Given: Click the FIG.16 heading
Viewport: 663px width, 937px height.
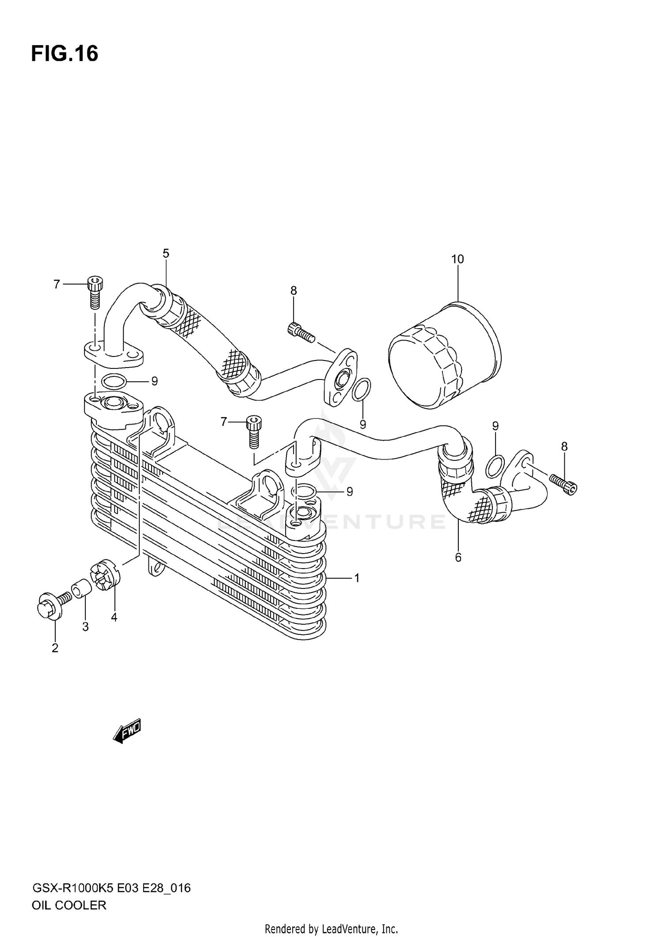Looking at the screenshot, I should (x=65, y=54).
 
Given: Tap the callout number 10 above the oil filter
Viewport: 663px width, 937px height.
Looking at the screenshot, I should (x=457, y=259).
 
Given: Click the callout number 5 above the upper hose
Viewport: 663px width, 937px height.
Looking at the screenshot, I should (x=166, y=254).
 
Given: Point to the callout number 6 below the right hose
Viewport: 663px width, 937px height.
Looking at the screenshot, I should (x=458, y=558).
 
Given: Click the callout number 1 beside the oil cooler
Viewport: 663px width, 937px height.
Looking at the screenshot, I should (x=357, y=578).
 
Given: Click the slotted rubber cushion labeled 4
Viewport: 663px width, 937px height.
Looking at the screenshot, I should (x=105, y=575).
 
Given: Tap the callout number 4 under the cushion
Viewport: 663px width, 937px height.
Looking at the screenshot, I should (x=114, y=618).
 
